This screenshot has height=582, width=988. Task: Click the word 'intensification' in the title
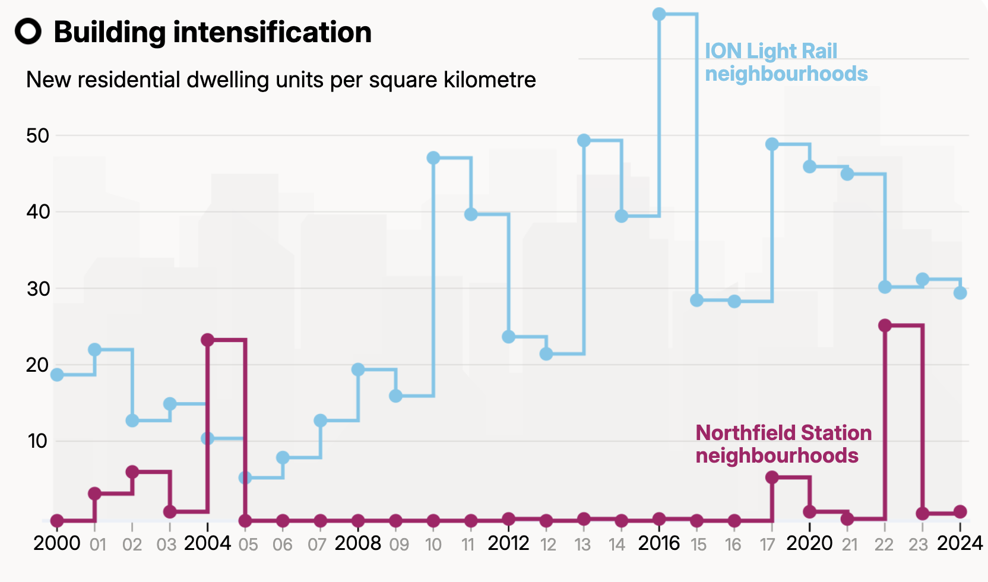point(272,32)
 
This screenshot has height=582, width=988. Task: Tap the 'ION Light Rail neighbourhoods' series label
point(786,62)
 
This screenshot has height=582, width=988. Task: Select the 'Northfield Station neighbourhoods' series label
point(783,444)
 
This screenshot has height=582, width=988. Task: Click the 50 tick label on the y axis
point(37,136)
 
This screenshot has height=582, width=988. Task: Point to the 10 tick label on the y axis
point(37,441)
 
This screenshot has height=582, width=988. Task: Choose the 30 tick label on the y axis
point(38,289)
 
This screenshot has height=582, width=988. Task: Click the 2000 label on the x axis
point(57,543)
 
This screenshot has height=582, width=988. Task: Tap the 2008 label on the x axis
point(357,543)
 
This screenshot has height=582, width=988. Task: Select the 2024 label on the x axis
point(959,543)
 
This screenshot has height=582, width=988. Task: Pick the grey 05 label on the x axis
point(248,545)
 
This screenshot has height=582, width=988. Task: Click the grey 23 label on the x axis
point(918,545)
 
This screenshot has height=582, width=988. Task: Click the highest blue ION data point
point(659,14)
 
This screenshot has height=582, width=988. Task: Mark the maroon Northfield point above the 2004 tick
point(208,340)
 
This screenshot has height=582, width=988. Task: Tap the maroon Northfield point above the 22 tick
point(885,325)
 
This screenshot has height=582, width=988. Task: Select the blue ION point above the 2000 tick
point(57,375)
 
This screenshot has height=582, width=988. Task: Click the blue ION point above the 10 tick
point(433,157)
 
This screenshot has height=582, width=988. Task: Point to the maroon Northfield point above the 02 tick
point(132,472)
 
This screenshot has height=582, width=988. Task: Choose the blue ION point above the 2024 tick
point(960,293)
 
